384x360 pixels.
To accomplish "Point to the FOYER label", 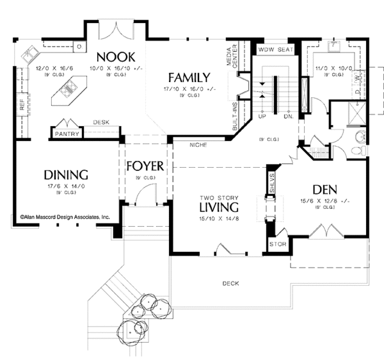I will (145, 166).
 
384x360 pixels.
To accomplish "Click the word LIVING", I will (218, 208).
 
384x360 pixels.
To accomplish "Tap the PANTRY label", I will (67, 134).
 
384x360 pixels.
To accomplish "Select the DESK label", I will (101, 122).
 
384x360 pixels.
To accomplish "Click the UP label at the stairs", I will (262, 117).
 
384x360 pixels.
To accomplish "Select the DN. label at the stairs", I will (287, 117).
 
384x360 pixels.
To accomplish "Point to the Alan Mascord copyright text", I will (65, 217).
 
